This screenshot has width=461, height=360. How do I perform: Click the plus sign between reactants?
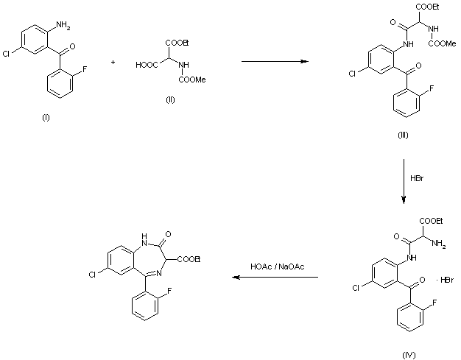113,63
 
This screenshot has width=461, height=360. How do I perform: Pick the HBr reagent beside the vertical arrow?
417,178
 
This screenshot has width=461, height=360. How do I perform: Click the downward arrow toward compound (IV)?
404,184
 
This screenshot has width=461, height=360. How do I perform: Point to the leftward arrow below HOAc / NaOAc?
275,278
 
